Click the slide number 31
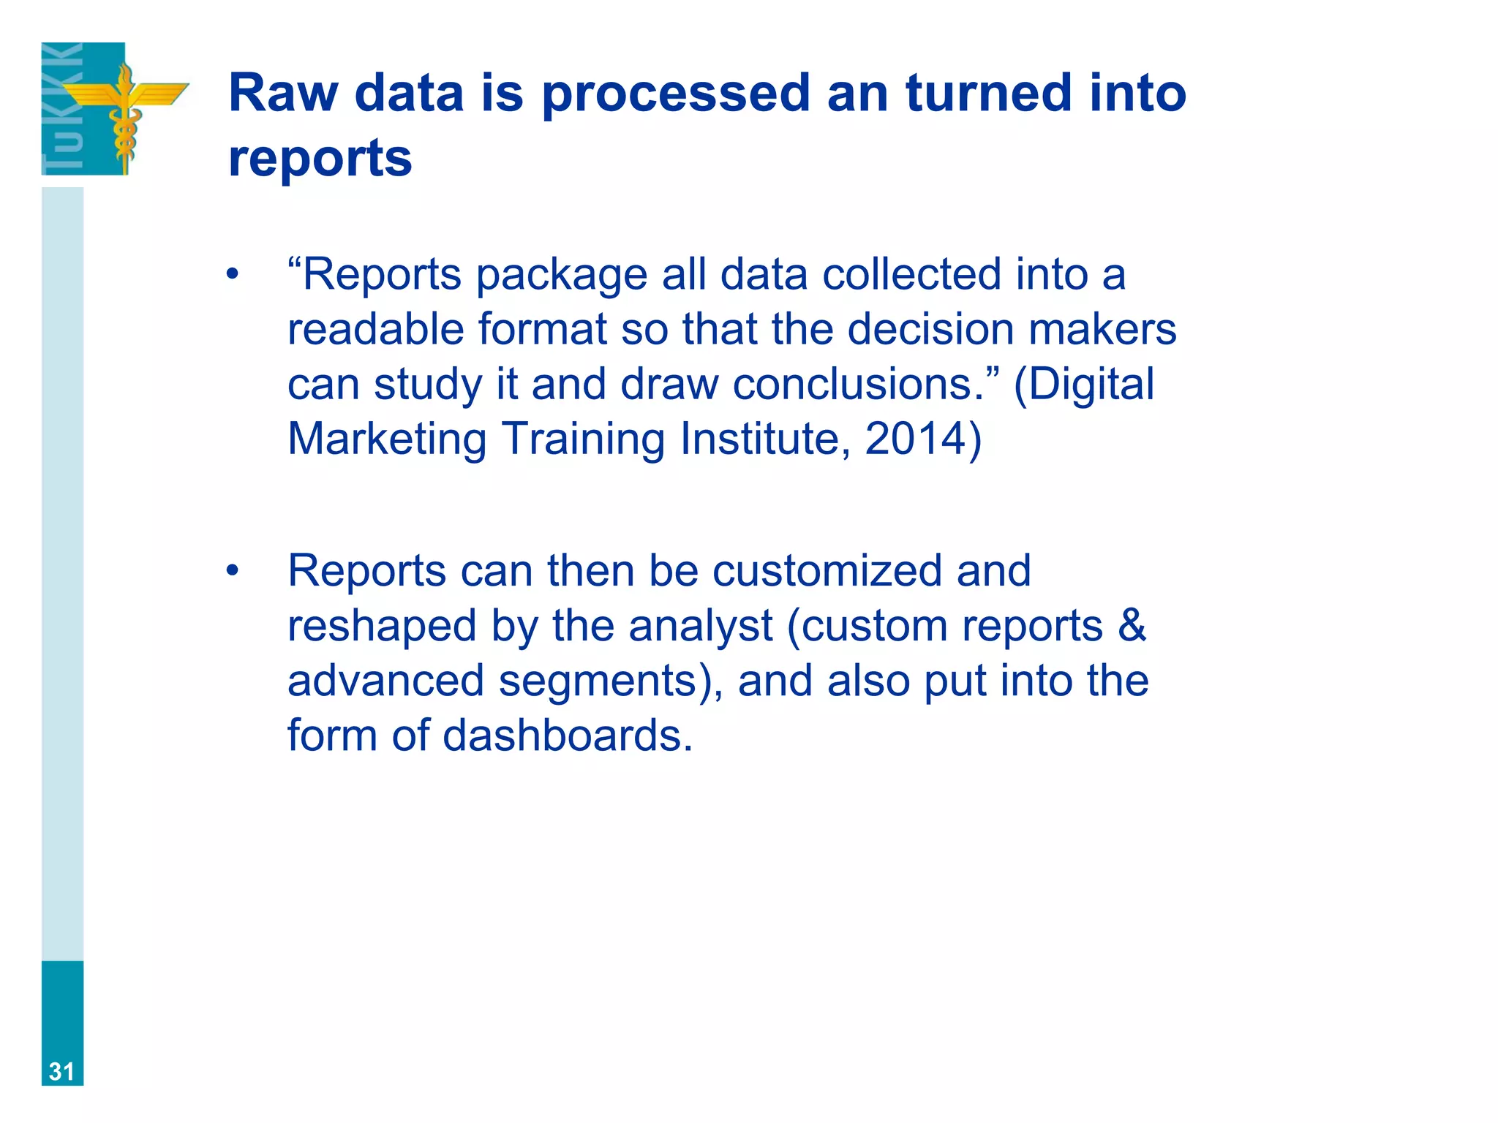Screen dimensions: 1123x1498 61,1071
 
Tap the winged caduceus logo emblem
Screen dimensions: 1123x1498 124,110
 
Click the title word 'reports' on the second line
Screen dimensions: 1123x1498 320,158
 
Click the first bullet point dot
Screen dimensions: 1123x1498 233,276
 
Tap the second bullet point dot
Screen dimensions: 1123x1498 233,571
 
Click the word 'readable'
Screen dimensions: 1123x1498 375,329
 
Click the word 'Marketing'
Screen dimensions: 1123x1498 387,439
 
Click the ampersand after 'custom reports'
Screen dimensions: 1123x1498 1132,626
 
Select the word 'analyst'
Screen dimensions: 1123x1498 700,626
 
